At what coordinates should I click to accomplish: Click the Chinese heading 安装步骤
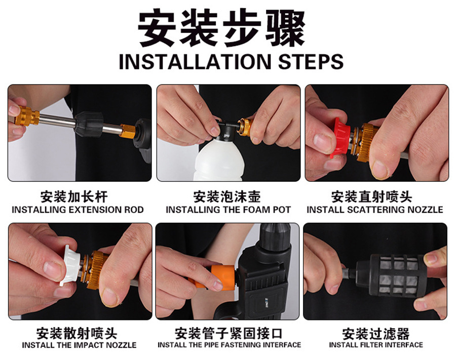coord(221,28)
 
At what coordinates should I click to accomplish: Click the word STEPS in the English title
coord(311,62)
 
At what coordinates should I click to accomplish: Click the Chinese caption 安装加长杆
coord(74,196)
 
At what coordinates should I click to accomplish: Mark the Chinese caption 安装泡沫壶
coord(227,196)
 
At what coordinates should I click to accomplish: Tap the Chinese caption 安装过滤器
coord(376,334)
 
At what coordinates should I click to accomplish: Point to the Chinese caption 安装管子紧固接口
coord(229,333)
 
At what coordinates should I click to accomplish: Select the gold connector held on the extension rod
coord(27,116)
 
